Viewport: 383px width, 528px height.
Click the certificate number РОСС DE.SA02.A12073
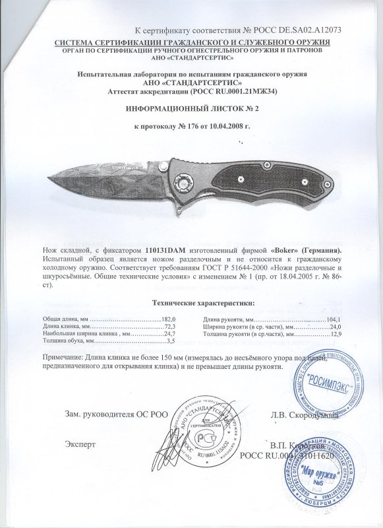click(x=294, y=31)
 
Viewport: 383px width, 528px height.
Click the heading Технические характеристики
click(x=191, y=303)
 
